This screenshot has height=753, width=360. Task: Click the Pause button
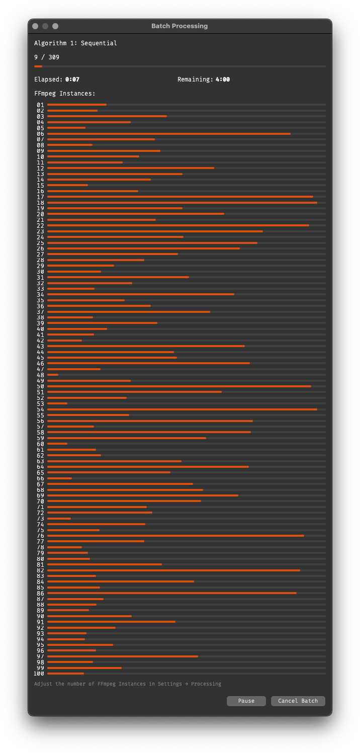tap(246, 701)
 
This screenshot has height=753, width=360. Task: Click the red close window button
tap(35, 26)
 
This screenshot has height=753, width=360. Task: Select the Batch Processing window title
tap(179, 26)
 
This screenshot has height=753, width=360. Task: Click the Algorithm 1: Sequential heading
tap(75, 43)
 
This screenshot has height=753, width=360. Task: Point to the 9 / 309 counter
tap(47, 57)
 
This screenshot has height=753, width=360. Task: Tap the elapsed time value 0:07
tap(72, 79)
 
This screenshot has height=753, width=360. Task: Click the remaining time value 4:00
tap(223, 79)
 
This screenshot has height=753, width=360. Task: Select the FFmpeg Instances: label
tap(65, 94)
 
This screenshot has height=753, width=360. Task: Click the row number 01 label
tap(40, 105)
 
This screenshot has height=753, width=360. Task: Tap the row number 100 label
tap(39, 674)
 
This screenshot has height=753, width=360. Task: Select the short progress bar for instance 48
tap(53, 375)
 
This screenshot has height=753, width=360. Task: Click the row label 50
tap(40, 386)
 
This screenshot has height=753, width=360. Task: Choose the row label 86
tap(40, 594)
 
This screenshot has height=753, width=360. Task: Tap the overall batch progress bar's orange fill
tap(38, 66)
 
